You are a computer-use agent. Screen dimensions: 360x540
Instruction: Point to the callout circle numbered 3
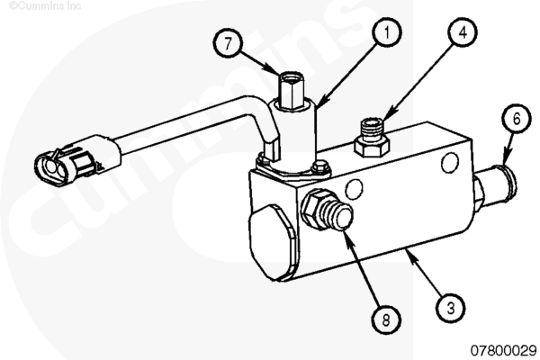pos(452,304)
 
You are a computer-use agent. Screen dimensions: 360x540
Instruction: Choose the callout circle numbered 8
pos(384,318)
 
